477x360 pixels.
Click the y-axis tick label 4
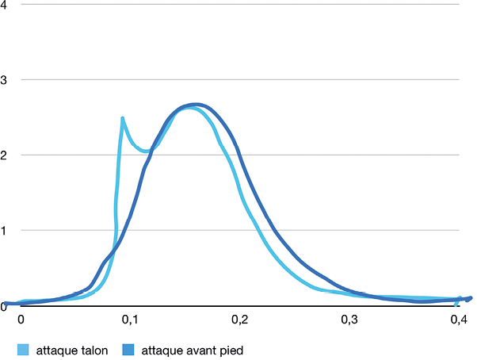[x=3, y=5]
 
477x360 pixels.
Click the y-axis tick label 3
[x=3, y=80]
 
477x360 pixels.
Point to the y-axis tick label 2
[x=3, y=155]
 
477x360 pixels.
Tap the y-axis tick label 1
[x=3, y=231]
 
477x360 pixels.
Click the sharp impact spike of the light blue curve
[x=123, y=119]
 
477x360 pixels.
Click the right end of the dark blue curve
[x=470, y=298]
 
